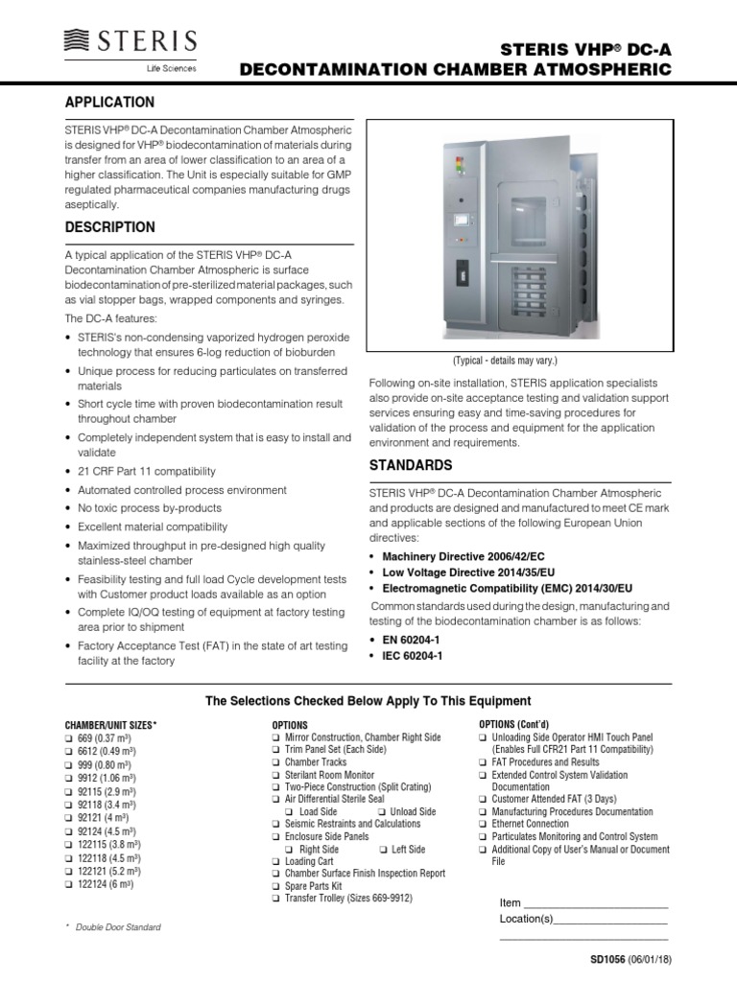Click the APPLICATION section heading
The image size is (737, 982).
(x=108, y=102)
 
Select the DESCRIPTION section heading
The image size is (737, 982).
(x=108, y=227)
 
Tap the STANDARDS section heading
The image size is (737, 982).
(x=411, y=465)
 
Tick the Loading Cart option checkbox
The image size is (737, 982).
(x=276, y=861)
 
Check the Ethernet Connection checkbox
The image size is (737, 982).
(x=483, y=824)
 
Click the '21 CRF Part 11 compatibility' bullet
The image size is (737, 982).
(x=146, y=471)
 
